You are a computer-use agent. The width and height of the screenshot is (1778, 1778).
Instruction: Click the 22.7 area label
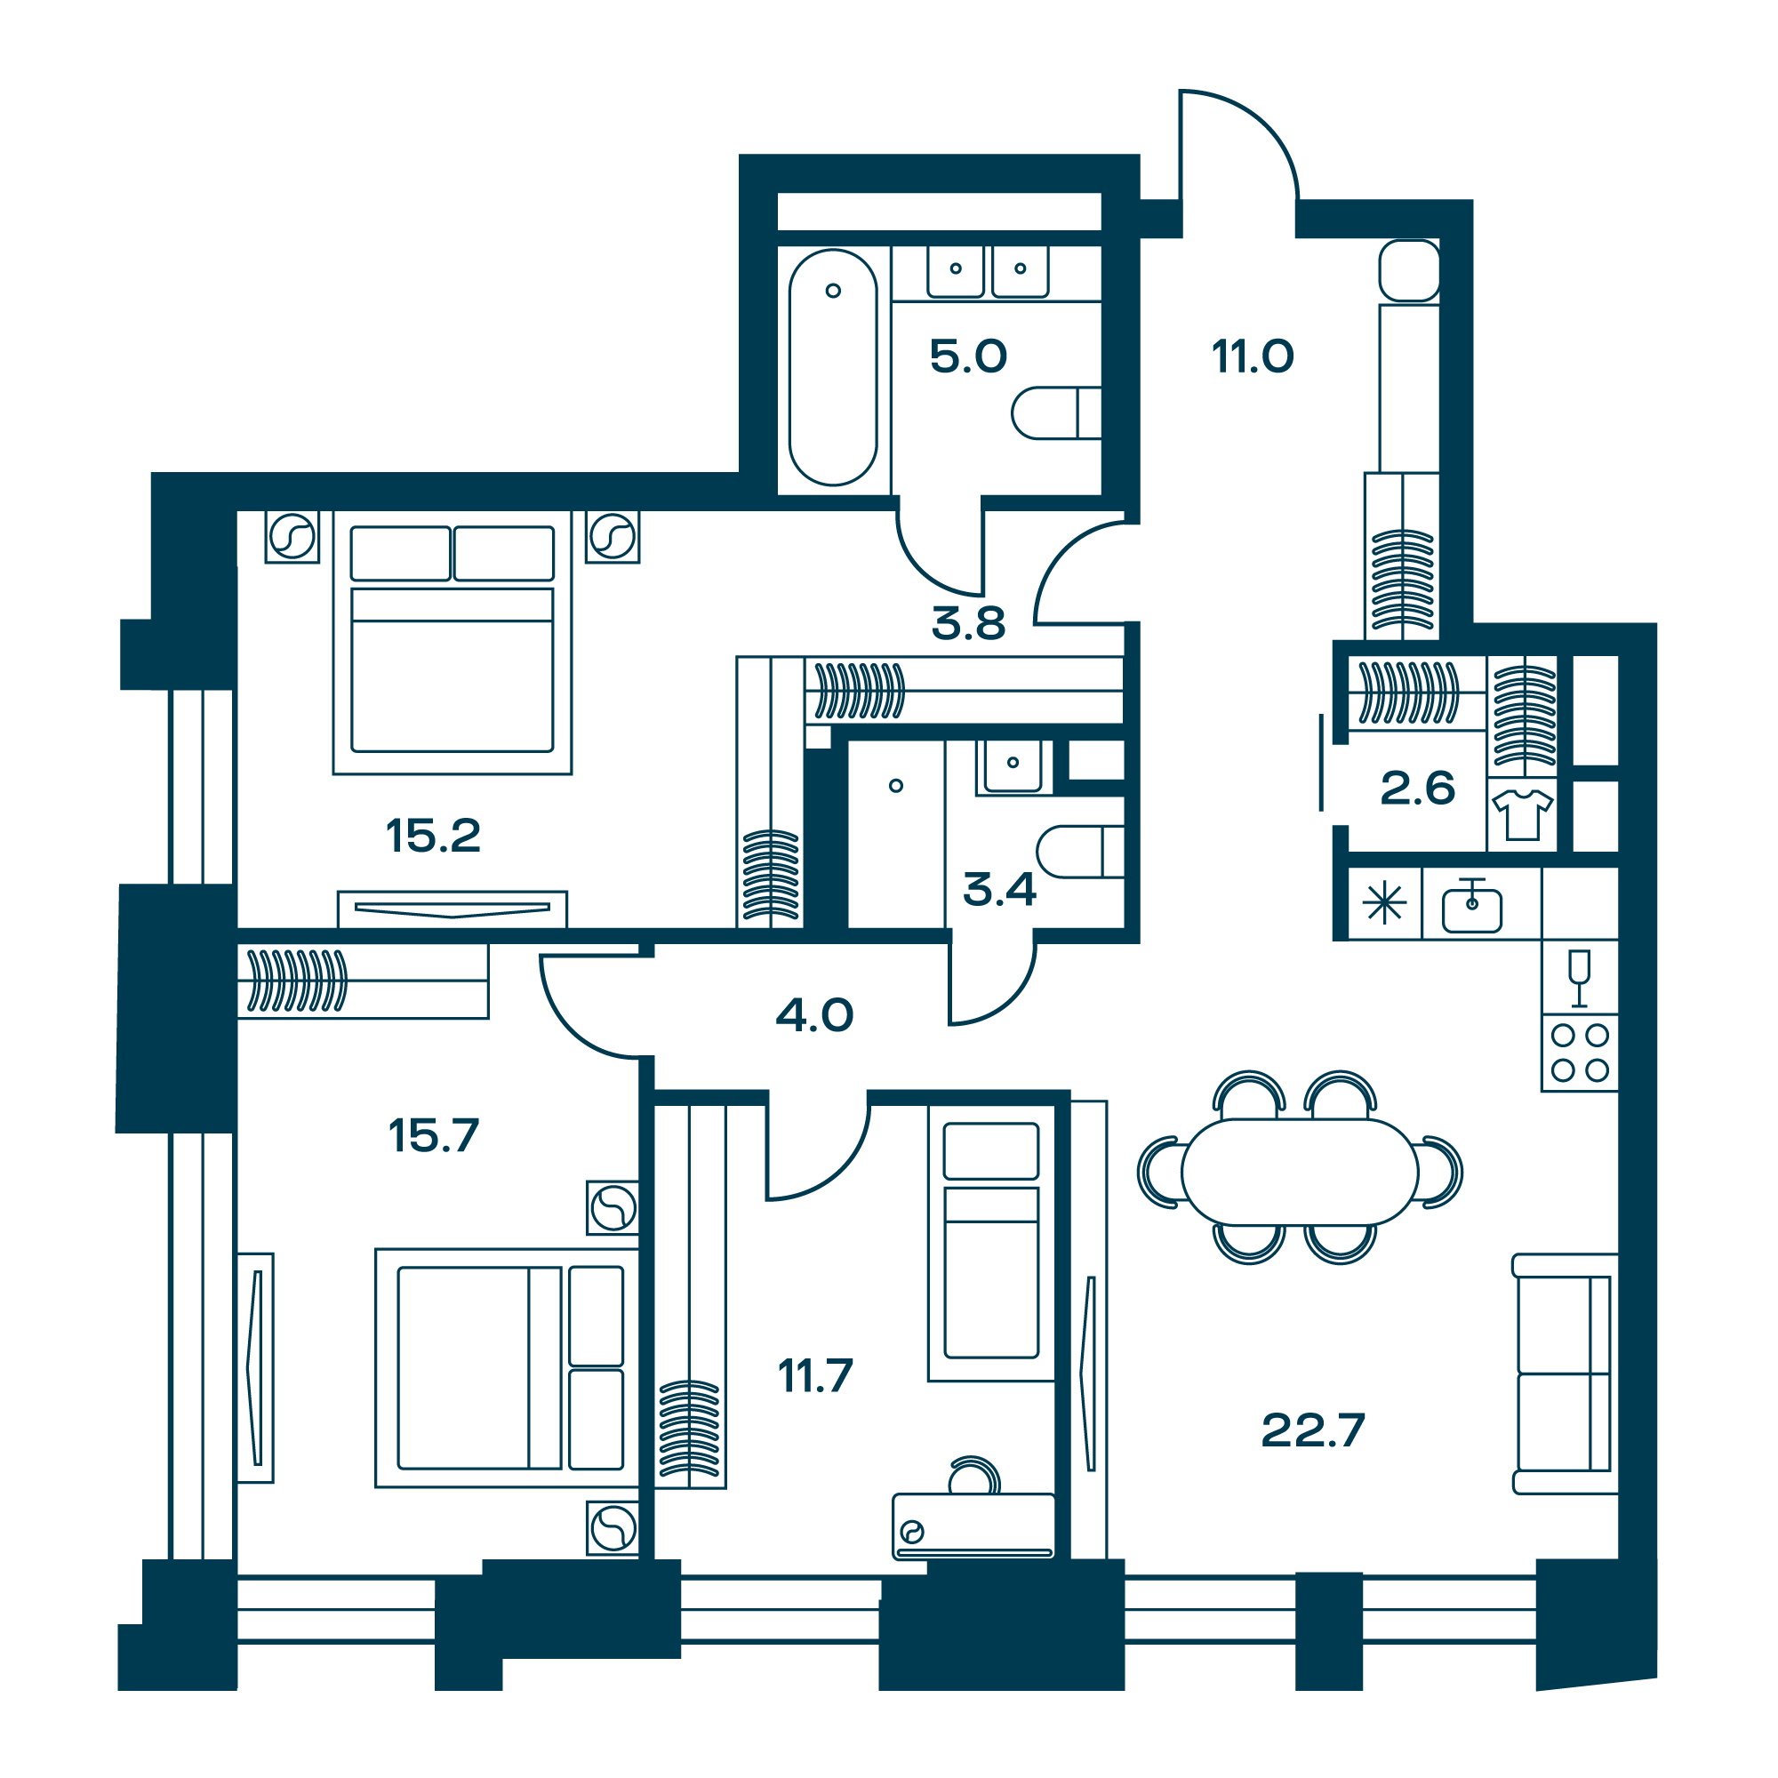[x=1313, y=1431]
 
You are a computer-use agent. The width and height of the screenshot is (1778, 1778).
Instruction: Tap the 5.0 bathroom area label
[x=968, y=356]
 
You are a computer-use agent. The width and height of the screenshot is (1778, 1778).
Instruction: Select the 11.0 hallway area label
[x=1253, y=356]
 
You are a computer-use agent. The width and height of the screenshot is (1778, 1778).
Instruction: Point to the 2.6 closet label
[x=1417, y=789]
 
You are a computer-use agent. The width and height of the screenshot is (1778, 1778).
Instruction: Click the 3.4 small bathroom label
[x=999, y=889]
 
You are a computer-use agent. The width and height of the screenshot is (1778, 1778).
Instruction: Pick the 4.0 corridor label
[x=814, y=1015]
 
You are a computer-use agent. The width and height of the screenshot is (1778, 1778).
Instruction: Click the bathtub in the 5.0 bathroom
[x=833, y=367]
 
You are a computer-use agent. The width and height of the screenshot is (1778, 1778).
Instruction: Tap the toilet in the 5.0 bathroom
[x=1056, y=413]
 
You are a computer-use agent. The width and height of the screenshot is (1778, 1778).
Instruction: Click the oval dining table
[x=1300, y=1172]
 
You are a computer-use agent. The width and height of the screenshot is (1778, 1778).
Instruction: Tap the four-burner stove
[x=1580, y=1053]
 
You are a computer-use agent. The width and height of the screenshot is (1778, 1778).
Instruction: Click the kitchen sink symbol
[x=1472, y=907]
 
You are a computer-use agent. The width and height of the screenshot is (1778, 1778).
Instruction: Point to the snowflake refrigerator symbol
[x=1385, y=903]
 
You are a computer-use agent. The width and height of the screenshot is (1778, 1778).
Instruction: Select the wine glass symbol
[x=1579, y=978]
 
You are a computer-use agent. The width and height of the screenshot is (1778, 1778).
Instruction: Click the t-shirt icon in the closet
[x=1523, y=814]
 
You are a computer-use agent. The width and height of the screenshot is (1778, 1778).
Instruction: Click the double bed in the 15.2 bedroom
[x=452, y=643]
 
